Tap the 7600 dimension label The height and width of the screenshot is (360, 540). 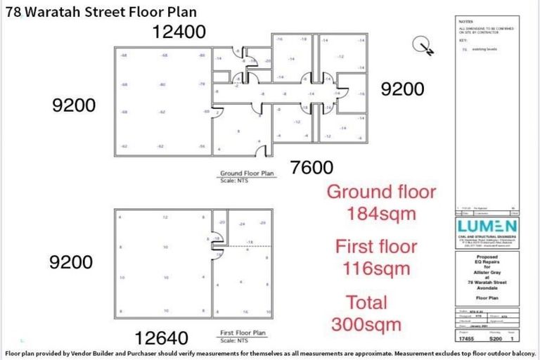tap(307, 167)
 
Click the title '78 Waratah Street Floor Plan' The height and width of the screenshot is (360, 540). tap(101, 11)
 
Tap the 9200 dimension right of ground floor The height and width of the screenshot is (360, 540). tap(403, 89)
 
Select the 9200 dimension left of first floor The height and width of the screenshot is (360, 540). tap(72, 262)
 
